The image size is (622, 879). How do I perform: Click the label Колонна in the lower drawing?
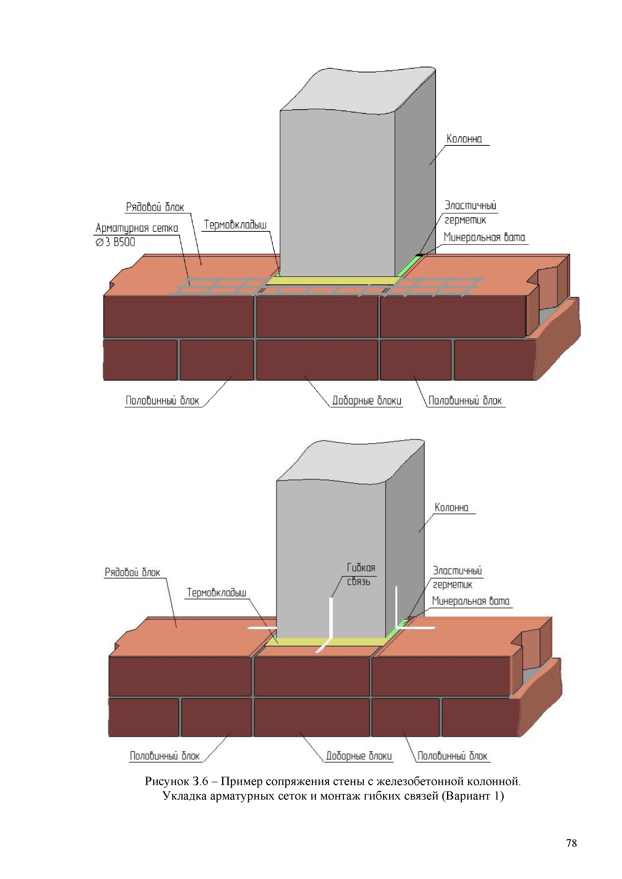[451, 508]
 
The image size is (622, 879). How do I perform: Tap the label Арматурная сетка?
[137, 228]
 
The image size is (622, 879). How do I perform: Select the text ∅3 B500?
[115, 242]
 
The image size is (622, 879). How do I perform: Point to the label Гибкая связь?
[361, 574]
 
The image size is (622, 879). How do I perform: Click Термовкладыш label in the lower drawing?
[216, 593]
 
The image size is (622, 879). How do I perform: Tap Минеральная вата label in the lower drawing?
[471, 601]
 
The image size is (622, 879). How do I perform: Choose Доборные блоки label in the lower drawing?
[359, 756]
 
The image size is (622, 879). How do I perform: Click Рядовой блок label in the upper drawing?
[155, 207]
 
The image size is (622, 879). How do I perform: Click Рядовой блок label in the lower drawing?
[133, 573]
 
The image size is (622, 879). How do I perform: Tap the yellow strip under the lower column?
[326, 642]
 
